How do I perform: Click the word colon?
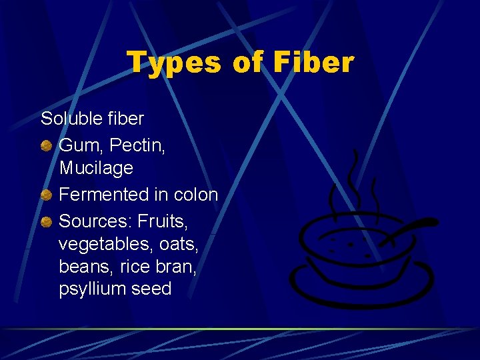(195, 195)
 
